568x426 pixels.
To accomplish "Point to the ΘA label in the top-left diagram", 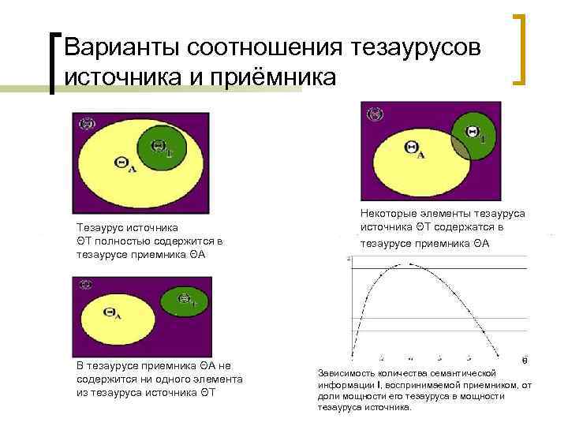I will (125, 163).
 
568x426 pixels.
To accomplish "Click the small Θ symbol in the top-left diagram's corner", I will (88, 123).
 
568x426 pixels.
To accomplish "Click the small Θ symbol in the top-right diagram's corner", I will (375, 115).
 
